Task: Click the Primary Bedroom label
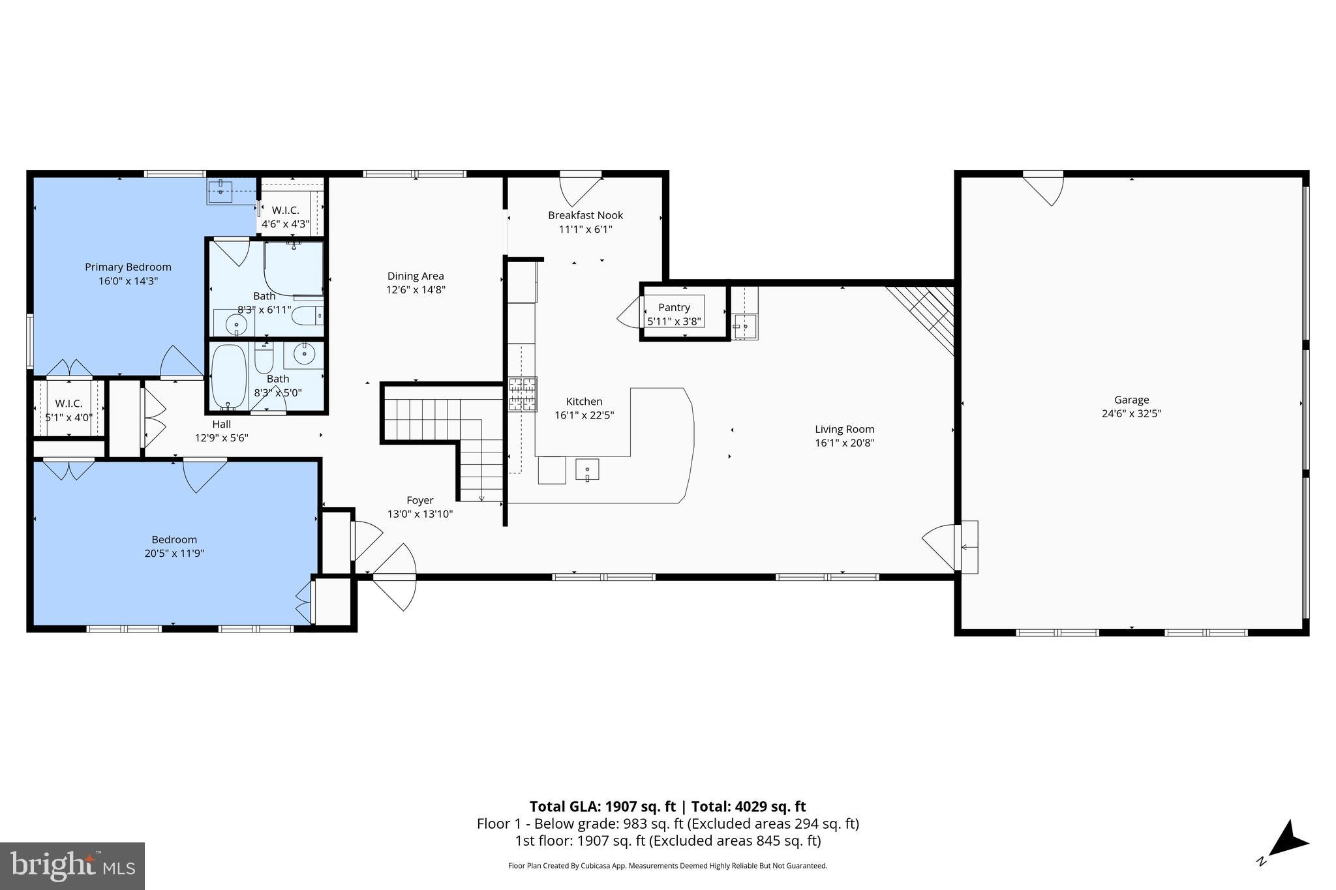tap(128, 267)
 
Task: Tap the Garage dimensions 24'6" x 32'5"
tap(1131, 413)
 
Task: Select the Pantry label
tap(674, 307)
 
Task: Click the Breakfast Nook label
tap(585, 215)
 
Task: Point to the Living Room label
tap(844, 429)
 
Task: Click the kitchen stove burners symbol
tap(523, 394)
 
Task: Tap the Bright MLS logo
tap(72, 866)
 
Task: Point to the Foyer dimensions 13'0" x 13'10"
tap(419, 514)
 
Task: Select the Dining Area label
tap(415, 276)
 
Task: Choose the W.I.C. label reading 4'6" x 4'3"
tap(285, 224)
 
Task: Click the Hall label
tap(221, 424)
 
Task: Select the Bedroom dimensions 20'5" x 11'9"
tap(174, 553)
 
